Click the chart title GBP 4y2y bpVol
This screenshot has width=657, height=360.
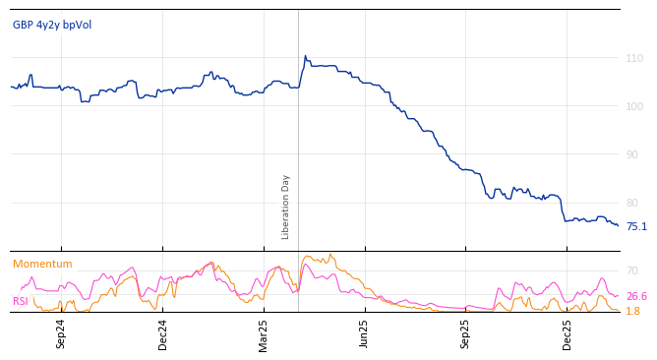(52, 25)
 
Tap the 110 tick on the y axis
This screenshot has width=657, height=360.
(634, 58)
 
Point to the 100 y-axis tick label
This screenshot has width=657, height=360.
(634, 106)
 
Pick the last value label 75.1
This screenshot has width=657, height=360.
(636, 226)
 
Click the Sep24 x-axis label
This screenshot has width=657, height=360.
(61, 333)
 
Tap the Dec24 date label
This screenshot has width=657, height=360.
(163, 333)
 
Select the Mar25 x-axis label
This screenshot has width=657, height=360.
(264, 333)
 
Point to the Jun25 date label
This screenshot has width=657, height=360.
(365, 333)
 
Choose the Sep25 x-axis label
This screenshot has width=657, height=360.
(466, 333)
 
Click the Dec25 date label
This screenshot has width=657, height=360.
(567, 333)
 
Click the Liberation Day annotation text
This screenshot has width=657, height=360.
(286, 207)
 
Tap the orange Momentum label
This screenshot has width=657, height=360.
(42, 264)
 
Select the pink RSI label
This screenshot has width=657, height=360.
(21, 301)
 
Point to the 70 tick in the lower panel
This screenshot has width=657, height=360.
(631, 270)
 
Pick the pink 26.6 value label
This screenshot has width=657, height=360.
(636, 296)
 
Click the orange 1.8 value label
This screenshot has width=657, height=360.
(632, 311)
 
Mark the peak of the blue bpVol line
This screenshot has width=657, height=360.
(305, 56)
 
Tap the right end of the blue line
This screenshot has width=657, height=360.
(619, 226)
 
